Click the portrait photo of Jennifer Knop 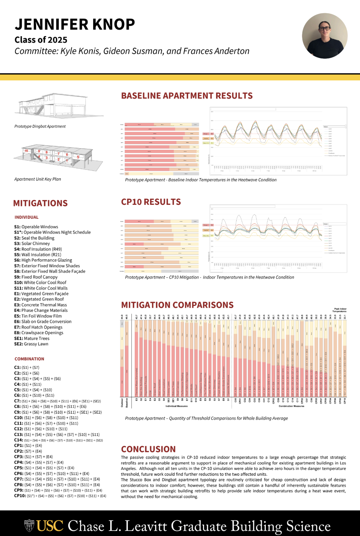click(325, 36)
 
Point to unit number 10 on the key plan click(26, 151)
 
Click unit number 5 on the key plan click(78, 157)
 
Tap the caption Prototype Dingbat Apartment click(40, 126)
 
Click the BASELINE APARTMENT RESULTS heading click(187, 96)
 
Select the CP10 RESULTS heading click(151, 202)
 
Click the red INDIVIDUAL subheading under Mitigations click(26, 217)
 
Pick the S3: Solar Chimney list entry click(32, 244)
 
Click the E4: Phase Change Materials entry click(41, 310)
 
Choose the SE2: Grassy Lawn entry click(31, 344)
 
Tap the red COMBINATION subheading click(29, 359)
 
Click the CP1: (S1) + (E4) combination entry click(28, 445)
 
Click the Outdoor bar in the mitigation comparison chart click(122, 358)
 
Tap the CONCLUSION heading click(148, 449)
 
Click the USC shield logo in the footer click(29, 526)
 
